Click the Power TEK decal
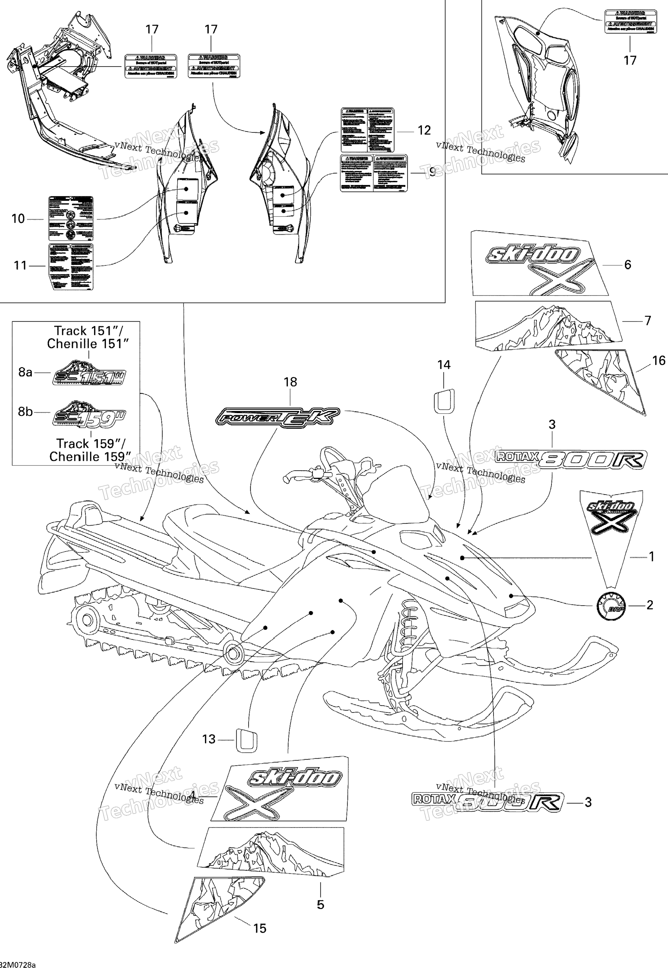click(x=277, y=417)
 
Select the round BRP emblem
click(x=611, y=606)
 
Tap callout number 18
click(x=290, y=382)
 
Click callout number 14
click(x=444, y=365)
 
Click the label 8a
click(x=25, y=372)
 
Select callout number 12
click(x=424, y=131)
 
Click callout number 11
click(x=20, y=265)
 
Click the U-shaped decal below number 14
click(x=444, y=400)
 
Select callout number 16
click(x=658, y=360)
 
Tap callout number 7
click(x=648, y=321)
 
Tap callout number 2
click(x=649, y=605)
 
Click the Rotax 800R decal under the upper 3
click(x=571, y=459)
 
